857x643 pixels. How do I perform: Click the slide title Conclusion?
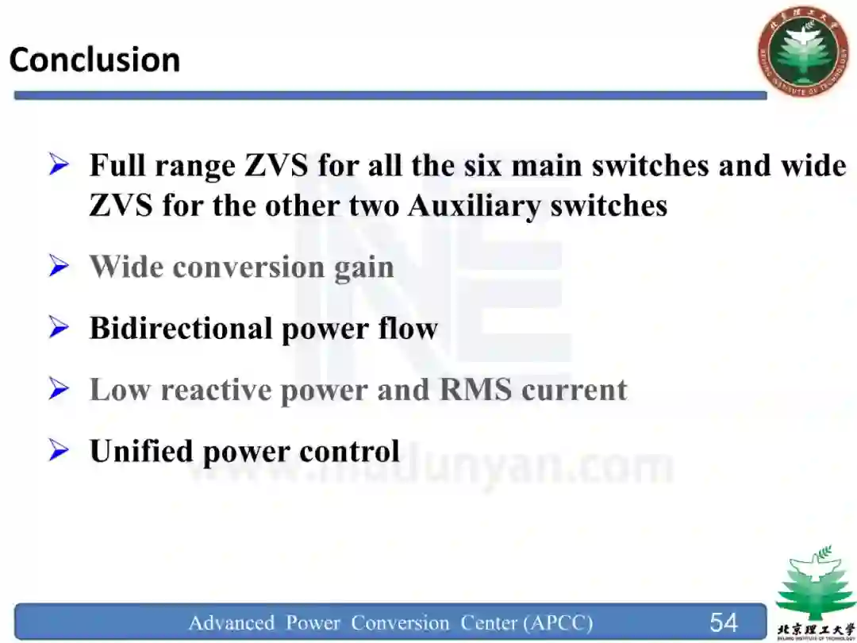click(94, 60)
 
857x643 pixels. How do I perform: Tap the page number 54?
click(723, 622)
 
